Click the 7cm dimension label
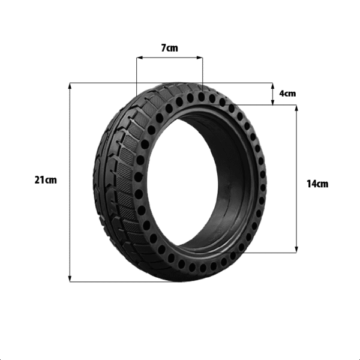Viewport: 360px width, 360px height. [x=169, y=48]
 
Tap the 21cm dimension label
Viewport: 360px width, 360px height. [x=46, y=180]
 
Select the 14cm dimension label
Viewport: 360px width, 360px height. [x=317, y=184]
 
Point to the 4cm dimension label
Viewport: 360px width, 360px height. [x=287, y=94]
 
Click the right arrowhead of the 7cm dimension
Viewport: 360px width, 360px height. [x=200, y=58]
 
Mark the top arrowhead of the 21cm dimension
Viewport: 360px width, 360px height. [x=70, y=86]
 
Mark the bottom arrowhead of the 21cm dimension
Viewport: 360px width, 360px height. [x=70, y=278]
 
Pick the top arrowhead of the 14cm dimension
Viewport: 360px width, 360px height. [x=296, y=108]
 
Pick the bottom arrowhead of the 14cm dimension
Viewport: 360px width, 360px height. [x=296, y=250]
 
